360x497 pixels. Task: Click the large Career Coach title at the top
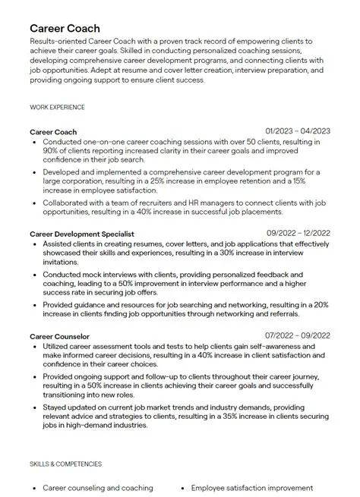(x=65, y=28)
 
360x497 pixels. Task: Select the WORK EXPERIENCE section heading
(x=57, y=107)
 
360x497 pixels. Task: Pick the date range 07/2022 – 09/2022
(x=298, y=335)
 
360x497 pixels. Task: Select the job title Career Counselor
(x=60, y=335)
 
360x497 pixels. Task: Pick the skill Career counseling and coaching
(x=98, y=488)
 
